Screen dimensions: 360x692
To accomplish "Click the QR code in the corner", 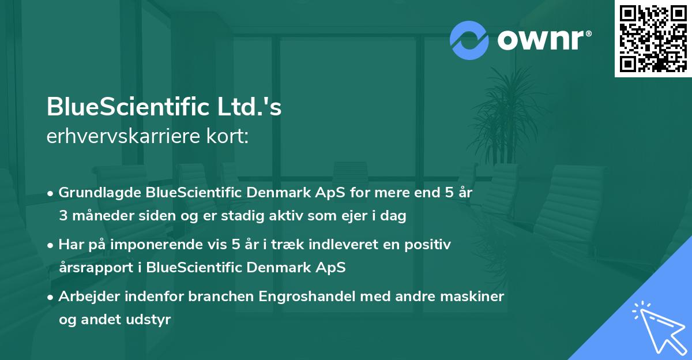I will [x=653, y=38].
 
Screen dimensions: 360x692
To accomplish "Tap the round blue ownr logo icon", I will [x=469, y=40].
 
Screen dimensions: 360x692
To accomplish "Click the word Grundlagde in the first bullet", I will [x=95, y=193].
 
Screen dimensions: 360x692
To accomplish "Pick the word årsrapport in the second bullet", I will [x=92, y=268].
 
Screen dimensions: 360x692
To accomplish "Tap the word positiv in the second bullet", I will [x=430, y=245].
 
